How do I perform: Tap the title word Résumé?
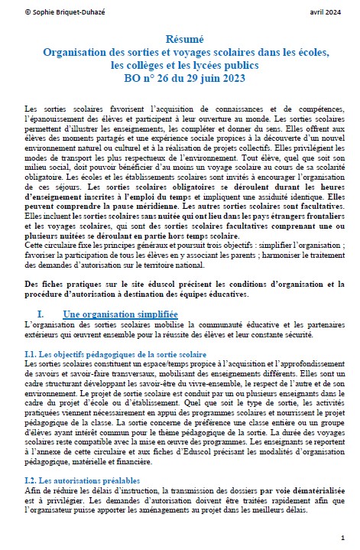(x=180, y=37)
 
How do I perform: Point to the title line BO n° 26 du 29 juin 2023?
(x=180, y=79)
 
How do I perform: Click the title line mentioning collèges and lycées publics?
(x=180, y=65)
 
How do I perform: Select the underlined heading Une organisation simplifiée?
(x=120, y=314)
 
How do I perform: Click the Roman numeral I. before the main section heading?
(x=42, y=314)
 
